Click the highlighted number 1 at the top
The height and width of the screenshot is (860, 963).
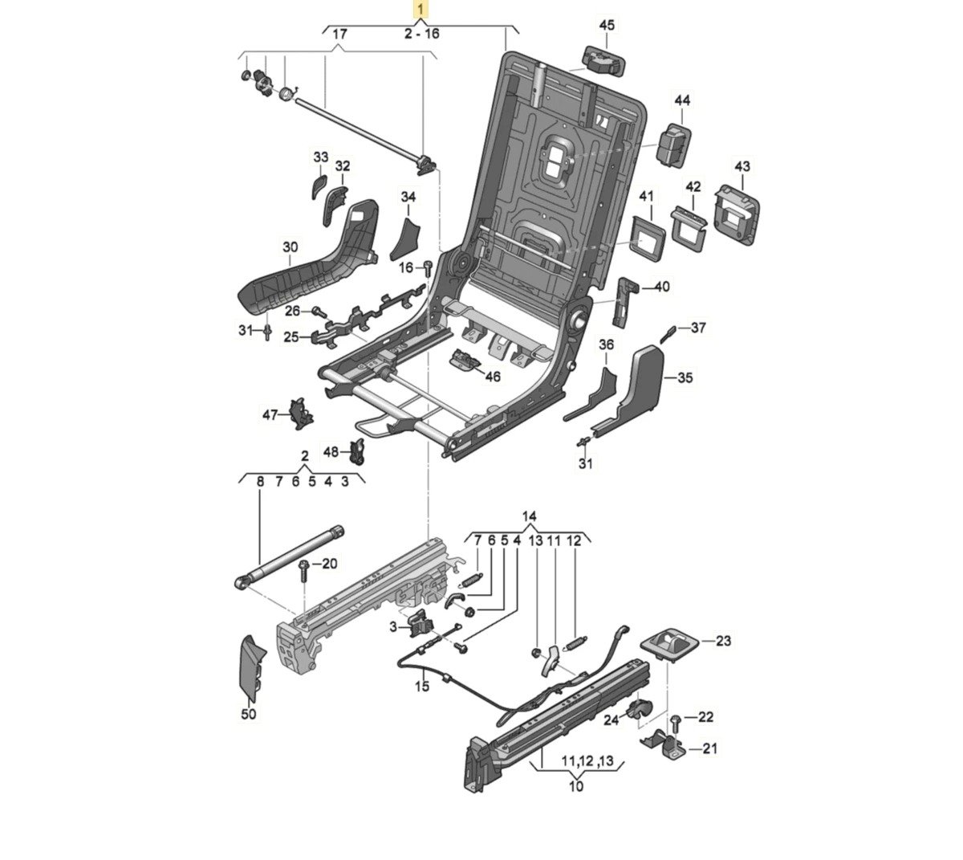pos(421,10)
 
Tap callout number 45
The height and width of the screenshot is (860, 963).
pos(607,26)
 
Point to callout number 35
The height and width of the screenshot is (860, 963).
pos(685,377)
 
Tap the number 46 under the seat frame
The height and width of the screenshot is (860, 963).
pos(492,377)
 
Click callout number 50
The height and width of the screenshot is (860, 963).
pos(249,713)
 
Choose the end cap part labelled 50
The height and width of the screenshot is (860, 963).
pos(253,666)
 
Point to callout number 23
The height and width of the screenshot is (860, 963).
pos(724,641)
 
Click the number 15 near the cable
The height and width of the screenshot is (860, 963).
pos(422,687)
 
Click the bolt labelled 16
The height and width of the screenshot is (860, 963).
pos(429,267)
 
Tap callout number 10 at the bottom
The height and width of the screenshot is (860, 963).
pos(576,786)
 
